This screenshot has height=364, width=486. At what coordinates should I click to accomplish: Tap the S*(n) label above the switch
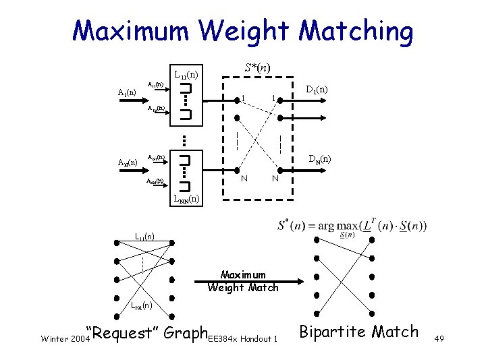pyautogui.click(x=257, y=68)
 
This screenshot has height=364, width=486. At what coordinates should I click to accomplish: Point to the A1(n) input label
pyautogui.click(x=127, y=92)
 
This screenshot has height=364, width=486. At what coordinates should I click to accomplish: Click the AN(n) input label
pyautogui.click(x=127, y=162)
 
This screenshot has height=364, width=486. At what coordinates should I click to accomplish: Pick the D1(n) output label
pyautogui.click(x=317, y=89)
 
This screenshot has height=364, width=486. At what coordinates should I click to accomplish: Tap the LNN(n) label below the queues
pyautogui.click(x=186, y=199)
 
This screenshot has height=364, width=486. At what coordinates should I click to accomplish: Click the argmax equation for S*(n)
pyautogui.click(x=352, y=226)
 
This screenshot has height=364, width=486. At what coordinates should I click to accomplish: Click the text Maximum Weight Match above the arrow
pyautogui.click(x=242, y=281)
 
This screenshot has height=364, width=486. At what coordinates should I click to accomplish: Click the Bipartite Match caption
pyautogui.click(x=358, y=332)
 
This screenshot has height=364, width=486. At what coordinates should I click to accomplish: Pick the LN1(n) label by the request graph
pyautogui.click(x=142, y=307)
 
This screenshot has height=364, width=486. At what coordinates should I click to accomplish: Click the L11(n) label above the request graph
pyautogui.click(x=144, y=237)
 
